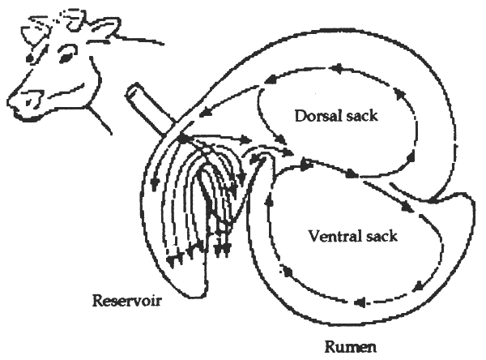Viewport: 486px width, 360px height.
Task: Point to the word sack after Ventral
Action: [386, 236]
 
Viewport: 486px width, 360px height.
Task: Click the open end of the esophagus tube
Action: [134, 90]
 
